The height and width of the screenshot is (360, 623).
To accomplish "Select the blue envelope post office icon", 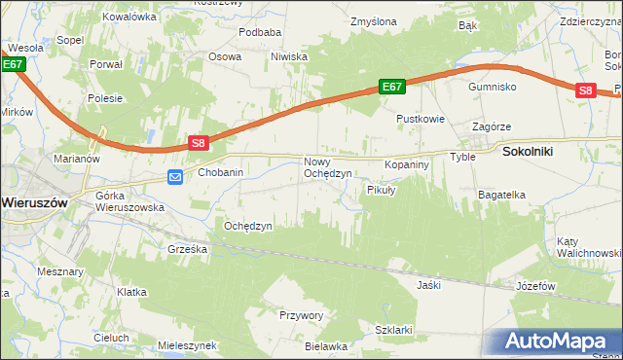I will click(x=175, y=176).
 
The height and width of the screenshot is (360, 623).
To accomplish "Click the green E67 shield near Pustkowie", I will click(x=391, y=87).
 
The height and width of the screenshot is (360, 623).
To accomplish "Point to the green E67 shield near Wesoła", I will click(x=12, y=64).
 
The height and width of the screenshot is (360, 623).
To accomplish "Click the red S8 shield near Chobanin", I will click(x=199, y=143).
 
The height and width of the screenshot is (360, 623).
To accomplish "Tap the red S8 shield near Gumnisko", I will click(x=584, y=90).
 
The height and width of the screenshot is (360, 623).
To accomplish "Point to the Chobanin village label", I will click(x=221, y=172).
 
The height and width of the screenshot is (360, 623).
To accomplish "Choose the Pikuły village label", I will click(x=381, y=190).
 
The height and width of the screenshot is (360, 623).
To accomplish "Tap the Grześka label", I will click(x=187, y=249).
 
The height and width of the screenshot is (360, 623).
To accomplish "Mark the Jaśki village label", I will click(x=428, y=286).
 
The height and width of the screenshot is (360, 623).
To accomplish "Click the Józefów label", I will click(x=535, y=286).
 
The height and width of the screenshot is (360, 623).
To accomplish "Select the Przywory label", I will click(x=301, y=315).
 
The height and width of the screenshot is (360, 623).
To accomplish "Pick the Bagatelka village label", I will click(x=501, y=195).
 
